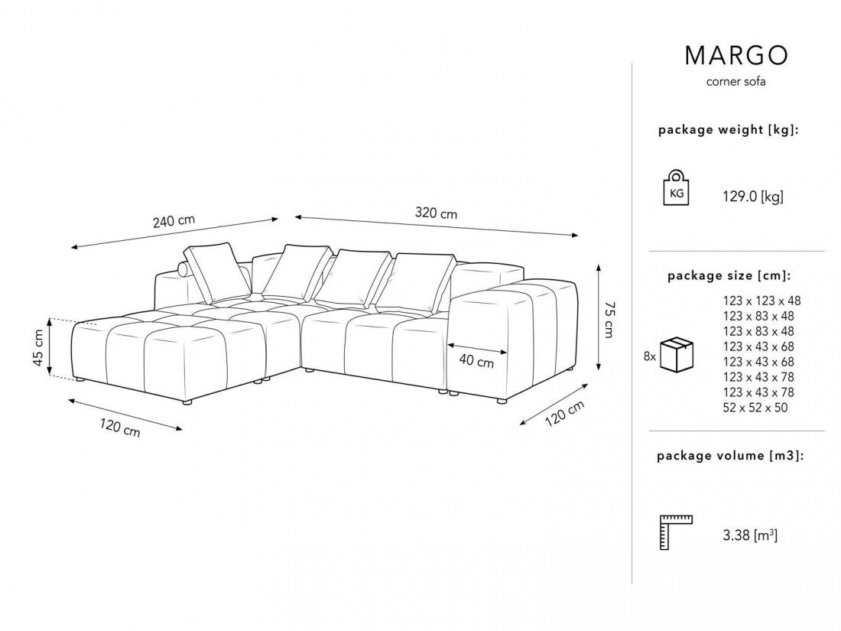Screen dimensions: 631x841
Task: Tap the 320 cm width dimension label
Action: (x=436, y=213)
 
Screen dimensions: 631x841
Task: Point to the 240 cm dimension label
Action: (x=174, y=221)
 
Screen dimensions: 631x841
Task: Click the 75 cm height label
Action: (x=608, y=318)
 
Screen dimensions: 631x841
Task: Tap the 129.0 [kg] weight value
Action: (x=753, y=197)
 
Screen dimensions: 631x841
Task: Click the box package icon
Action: (x=677, y=355)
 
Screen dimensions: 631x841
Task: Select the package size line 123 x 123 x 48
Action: (x=761, y=301)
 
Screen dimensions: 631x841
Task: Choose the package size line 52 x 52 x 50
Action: (x=755, y=408)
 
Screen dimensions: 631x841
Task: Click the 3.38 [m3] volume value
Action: (x=751, y=535)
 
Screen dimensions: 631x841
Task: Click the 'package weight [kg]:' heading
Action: (x=729, y=131)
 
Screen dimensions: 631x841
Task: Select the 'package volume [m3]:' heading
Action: (x=729, y=456)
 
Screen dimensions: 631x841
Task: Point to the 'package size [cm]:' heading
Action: (x=729, y=275)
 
